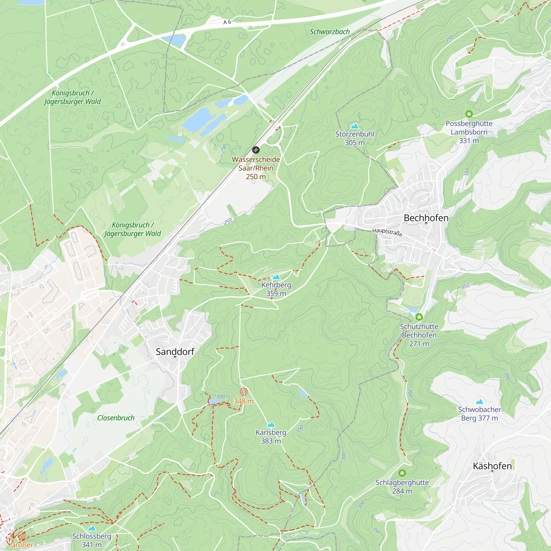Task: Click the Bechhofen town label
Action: tap(426, 218)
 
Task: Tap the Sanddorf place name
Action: tap(175, 352)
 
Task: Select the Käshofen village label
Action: tap(492, 466)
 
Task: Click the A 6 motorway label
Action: tap(227, 22)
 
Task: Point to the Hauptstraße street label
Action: tap(387, 232)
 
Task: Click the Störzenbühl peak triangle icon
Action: tap(355, 126)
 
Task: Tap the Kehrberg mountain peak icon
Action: tap(276, 277)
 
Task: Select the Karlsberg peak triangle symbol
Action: tap(271, 425)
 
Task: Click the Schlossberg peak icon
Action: tap(91, 528)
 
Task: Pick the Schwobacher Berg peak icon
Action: tap(479, 402)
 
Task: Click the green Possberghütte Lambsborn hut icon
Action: tap(469, 114)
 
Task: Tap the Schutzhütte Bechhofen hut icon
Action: tap(419, 317)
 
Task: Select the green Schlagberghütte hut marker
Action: tap(402, 473)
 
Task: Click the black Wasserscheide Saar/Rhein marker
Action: tap(256, 150)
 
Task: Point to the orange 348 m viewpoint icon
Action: tap(243, 392)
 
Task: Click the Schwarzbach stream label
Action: tap(330, 32)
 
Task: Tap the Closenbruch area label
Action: tap(116, 418)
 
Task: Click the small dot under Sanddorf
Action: tap(175, 357)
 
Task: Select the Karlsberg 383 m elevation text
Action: tap(271, 441)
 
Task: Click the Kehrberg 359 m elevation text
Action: tap(276, 293)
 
